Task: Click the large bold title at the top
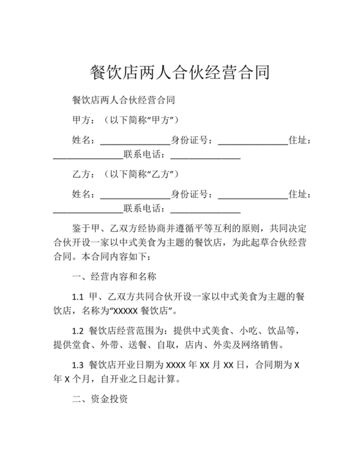point(179,71)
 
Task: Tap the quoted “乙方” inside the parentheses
point(158,174)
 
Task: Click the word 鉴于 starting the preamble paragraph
point(84,228)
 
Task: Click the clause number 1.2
point(78,330)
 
